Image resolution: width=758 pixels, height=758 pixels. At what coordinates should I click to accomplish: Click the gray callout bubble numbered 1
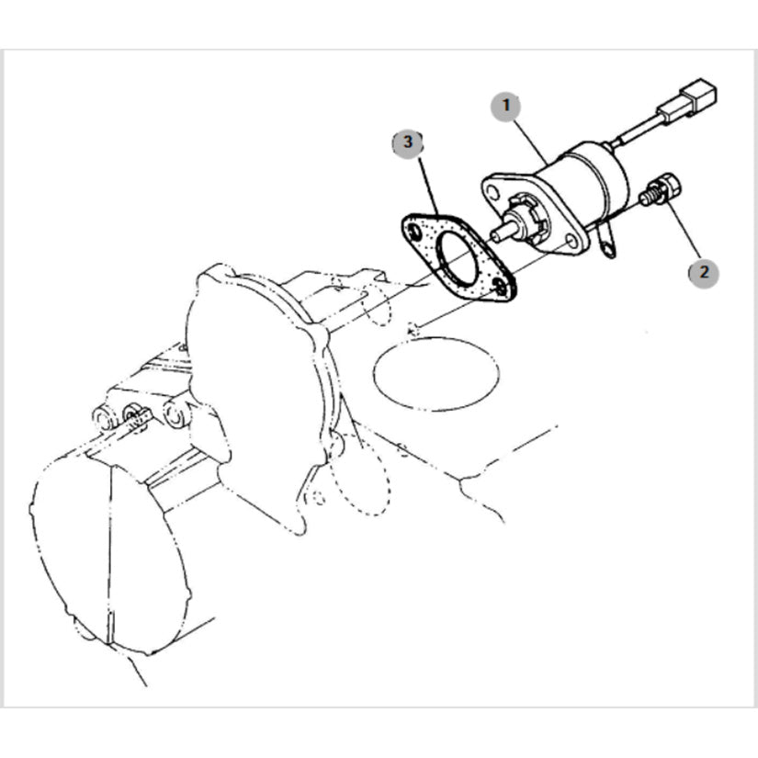(506, 106)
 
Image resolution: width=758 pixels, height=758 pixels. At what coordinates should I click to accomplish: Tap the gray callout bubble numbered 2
(704, 273)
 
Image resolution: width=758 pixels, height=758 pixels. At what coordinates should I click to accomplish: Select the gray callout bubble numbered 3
(408, 143)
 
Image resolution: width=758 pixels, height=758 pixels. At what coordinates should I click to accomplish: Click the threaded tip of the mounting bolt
(644, 198)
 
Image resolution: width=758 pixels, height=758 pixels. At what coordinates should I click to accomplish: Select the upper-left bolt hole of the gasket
(414, 232)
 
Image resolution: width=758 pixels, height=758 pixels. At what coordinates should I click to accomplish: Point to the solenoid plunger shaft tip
(495, 234)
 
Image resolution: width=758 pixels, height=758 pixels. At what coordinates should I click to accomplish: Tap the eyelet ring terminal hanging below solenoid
(607, 245)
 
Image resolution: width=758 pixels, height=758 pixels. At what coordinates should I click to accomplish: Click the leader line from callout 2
(683, 231)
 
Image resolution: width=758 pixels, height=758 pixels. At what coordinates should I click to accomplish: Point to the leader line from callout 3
(429, 187)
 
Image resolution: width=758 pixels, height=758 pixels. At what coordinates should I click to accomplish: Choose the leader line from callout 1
(530, 141)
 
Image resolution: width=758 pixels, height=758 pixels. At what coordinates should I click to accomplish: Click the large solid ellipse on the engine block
(436, 374)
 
